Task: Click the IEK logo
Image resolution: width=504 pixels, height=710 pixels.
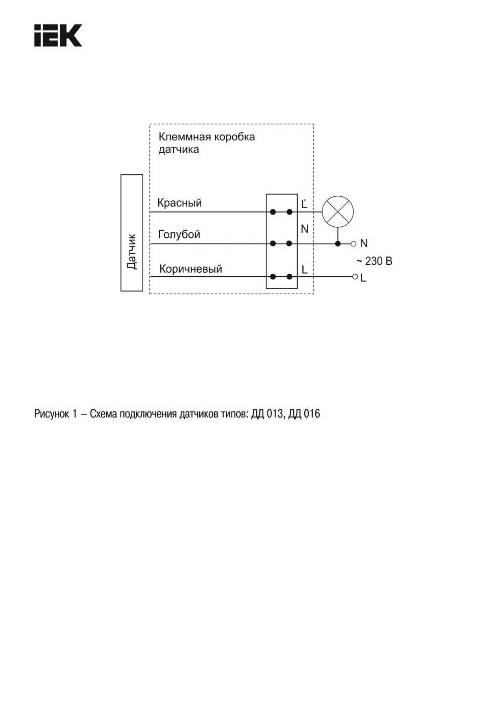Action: (58, 35)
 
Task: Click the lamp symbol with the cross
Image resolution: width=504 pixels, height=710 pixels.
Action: (338, 212)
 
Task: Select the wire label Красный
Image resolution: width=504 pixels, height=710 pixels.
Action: (180, 203)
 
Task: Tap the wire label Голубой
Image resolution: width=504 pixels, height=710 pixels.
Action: (179, 235)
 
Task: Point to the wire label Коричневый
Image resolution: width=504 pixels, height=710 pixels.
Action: (191, 269)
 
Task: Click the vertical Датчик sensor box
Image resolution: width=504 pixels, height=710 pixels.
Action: (132, 233)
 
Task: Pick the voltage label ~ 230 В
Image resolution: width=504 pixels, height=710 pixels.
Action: (374, 261)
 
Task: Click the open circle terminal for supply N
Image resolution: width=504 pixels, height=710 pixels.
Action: (353, 244)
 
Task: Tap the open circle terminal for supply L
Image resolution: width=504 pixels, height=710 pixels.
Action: (355, 277)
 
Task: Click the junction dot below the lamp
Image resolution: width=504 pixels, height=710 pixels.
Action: (337, 244)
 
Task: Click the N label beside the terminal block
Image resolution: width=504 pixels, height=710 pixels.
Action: (304, 229)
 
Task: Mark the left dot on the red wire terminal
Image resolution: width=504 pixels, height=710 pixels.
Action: (273, 212)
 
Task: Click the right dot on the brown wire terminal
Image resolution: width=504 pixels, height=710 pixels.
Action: (289, 277)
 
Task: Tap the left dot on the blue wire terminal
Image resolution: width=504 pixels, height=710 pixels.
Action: (273, 244)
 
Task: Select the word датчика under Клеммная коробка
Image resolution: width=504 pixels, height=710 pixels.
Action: (179, 150)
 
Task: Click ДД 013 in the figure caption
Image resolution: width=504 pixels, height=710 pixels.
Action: (267, 414)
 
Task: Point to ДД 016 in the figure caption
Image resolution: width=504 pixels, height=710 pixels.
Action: (304, 414)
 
